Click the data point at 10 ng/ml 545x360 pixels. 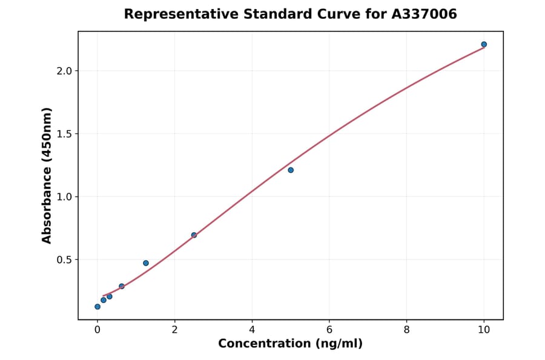484,44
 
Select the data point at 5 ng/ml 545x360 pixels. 291,170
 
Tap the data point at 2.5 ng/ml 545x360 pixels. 194,235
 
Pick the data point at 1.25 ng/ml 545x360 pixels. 146,263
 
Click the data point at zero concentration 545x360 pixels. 97,307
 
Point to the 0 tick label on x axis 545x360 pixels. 97,330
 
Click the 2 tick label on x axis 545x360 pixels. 174,330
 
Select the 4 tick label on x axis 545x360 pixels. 252,330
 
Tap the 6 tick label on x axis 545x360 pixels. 329,330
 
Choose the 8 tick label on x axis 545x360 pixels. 406,330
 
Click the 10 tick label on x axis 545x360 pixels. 484,330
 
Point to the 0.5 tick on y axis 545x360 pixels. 64,259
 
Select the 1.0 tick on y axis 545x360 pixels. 64,196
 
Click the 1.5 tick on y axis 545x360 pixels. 64,134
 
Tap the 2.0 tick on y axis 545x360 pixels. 64,71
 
